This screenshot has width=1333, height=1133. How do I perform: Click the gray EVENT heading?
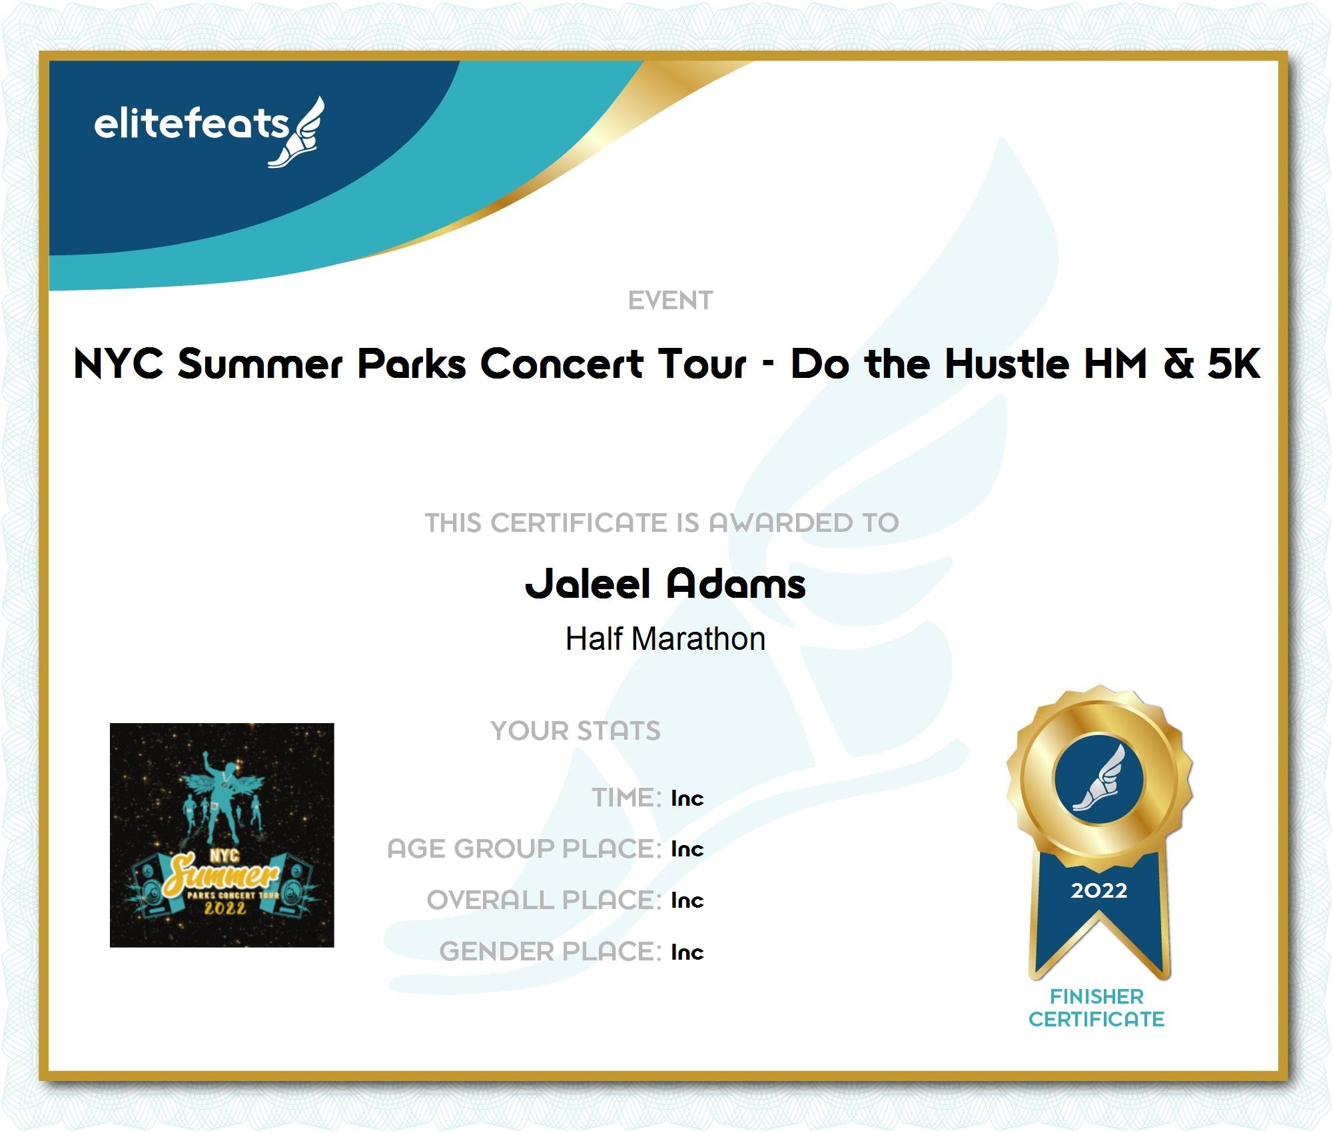pyautogui.click(x=670, y=301)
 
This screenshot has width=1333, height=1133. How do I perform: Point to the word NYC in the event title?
pyautogui.click(x=119, y=364)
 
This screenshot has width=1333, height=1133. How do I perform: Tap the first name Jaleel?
pyautogui.click(x=588, y=584)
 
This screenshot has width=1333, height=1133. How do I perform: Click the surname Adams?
pyautogui.click(x=736, y=584)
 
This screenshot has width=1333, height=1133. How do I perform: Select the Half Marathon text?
pyautogui.click(x=666, y=639)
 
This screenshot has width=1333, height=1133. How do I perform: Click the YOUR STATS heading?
pyautogui.click(x=576, y=731)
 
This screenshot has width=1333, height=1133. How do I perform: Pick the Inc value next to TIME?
pyautogui.click(x=687, y=798)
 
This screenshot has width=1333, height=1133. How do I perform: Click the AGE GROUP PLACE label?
pyautogui.click(x=524, y=849)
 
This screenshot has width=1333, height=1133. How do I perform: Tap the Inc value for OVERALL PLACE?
pyautogui.click(x=687, y=900)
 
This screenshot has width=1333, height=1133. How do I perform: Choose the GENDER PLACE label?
pyautogui.click(x=550, y=952)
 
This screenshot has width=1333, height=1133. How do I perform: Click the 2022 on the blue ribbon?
pyautogui.click(x=1099, y=890)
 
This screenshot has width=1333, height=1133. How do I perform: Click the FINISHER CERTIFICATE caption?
pyautogui.click(x=1097, y=1008)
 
